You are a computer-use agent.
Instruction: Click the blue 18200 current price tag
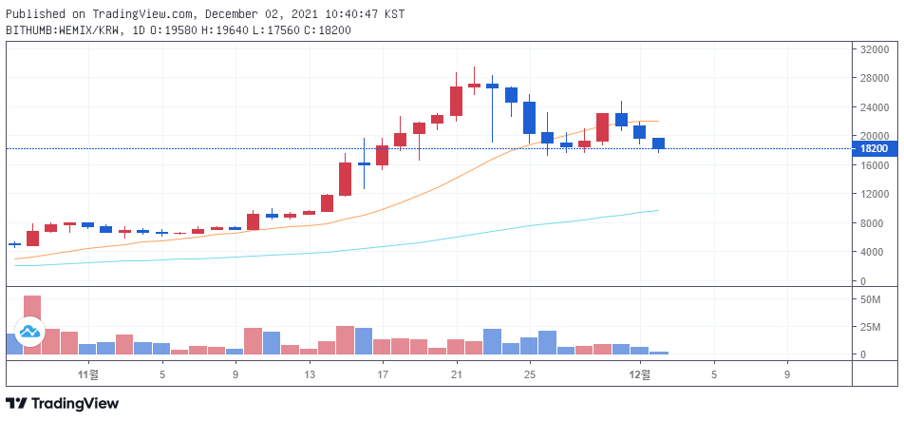click(874, 148)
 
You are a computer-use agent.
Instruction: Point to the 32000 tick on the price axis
click(874, 49)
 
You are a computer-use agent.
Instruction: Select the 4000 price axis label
click(871, 252)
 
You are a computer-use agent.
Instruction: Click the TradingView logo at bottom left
click(63, 404)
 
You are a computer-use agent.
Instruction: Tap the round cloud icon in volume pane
click(29, 331)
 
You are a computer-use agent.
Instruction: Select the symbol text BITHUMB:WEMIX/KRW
click(64, 30)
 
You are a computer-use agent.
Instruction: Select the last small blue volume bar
click(659, 353)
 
